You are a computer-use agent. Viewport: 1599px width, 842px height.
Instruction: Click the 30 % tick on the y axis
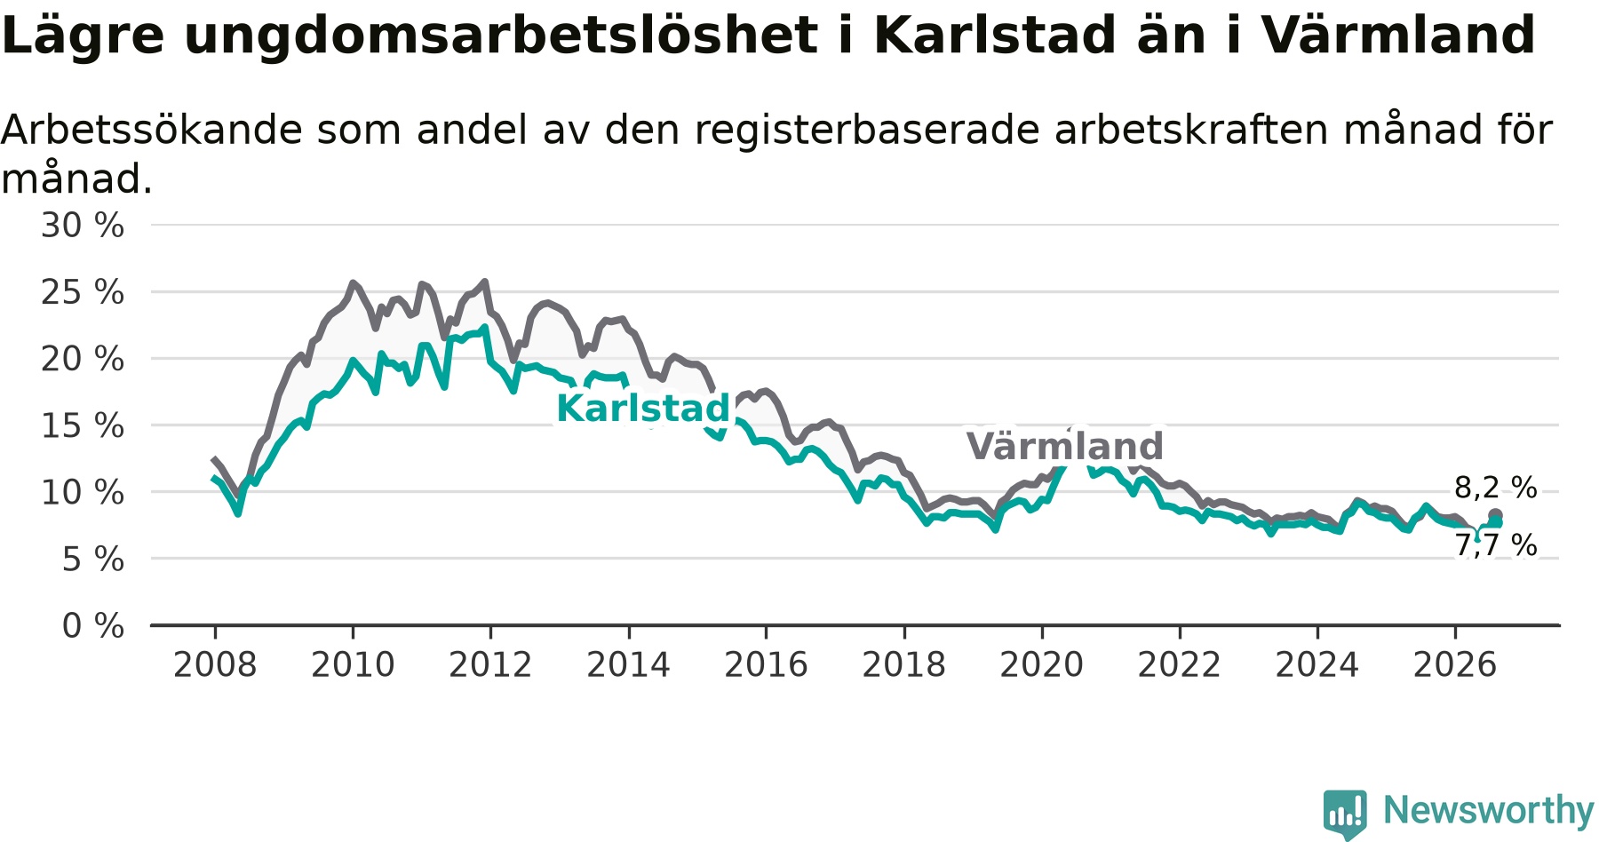point(83,226)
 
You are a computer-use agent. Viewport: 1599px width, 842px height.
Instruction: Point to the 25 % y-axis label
point(83,292)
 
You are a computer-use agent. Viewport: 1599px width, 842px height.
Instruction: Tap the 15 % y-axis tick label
point(83,425)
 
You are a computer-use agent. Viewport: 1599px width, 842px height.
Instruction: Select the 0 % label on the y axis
point(93,626)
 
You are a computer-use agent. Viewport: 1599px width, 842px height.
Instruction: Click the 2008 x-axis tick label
point(215,664)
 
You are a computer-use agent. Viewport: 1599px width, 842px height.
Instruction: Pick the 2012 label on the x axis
point(490,664)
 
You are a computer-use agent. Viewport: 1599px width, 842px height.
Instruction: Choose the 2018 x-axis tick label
point(904,664)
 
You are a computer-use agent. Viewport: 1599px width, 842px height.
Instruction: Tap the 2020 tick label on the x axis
point(1042,664)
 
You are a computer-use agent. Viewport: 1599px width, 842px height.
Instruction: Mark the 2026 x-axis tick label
point(1455,664)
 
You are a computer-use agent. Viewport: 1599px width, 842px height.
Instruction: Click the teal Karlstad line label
point(643,409)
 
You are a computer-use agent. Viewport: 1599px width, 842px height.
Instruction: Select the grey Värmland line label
point(1064,446)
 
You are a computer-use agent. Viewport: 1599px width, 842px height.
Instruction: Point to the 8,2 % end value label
point(1496,488)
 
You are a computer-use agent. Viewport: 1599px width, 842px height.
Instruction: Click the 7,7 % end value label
point(1496,545)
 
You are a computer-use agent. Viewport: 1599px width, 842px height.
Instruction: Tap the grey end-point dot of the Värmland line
point(1495,515)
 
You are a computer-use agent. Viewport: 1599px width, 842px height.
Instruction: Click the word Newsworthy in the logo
point(1489,810)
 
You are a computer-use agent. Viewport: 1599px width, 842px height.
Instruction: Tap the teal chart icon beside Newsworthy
point(1345,813)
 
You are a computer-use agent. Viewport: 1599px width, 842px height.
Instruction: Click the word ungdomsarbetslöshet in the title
point(501,36)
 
